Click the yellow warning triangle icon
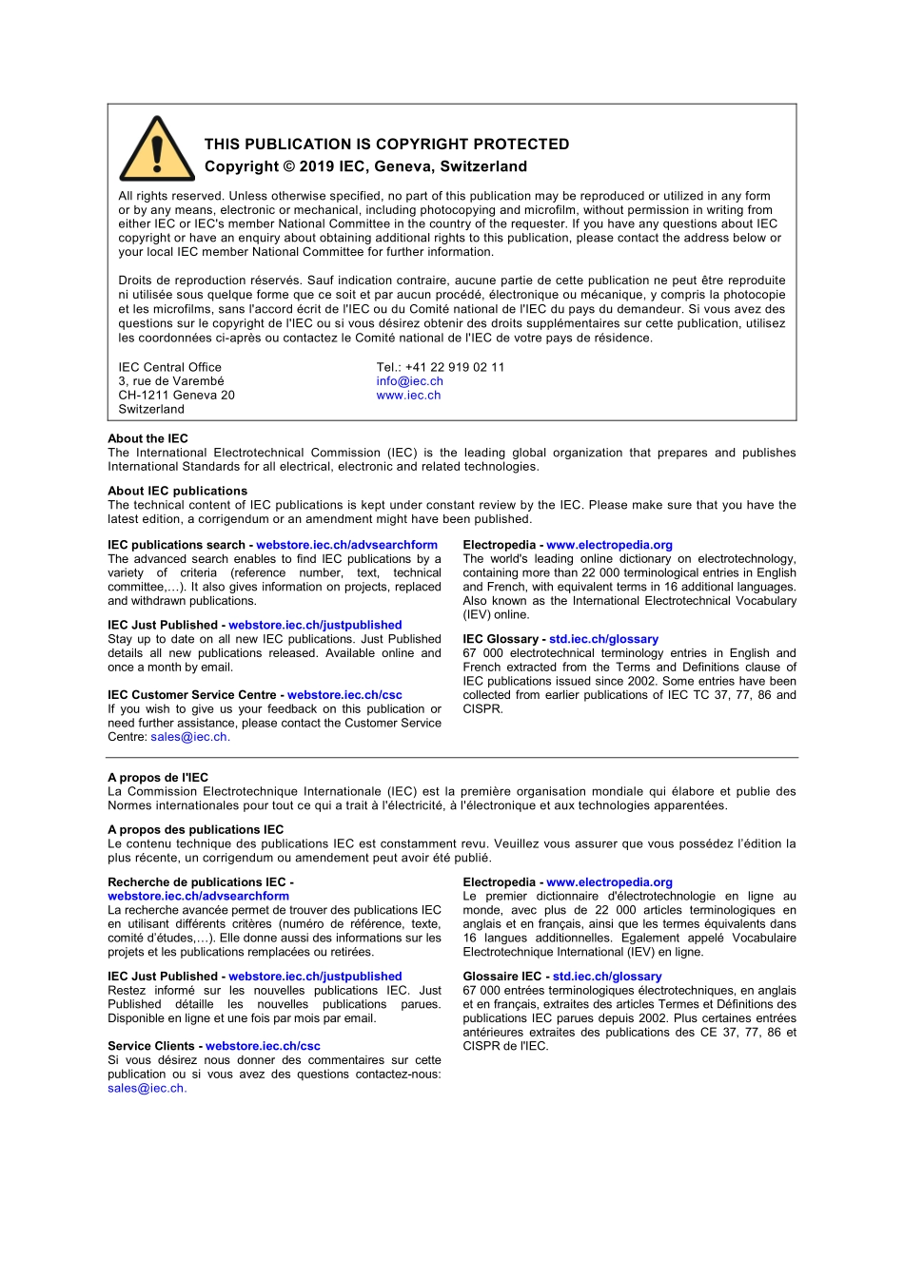pos(157,151)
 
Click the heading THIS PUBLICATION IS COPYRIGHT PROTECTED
pos(386,145)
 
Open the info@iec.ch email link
pos(409,381)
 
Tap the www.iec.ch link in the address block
pos(408,396)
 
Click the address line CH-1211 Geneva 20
pos(176,396)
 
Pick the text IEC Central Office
pos(169,367)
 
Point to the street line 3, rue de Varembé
pos(171,381)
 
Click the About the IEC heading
pos(147,438)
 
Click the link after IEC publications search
pos(346,545)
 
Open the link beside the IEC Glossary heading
pos(603,639)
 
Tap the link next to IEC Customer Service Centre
pos(344,695)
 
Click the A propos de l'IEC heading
pos(158,777)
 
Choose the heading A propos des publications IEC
pos(195,829)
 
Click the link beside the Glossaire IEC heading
pos(607,977)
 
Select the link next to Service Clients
pos(263,1046)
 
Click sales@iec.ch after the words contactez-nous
pos(146,1089)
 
